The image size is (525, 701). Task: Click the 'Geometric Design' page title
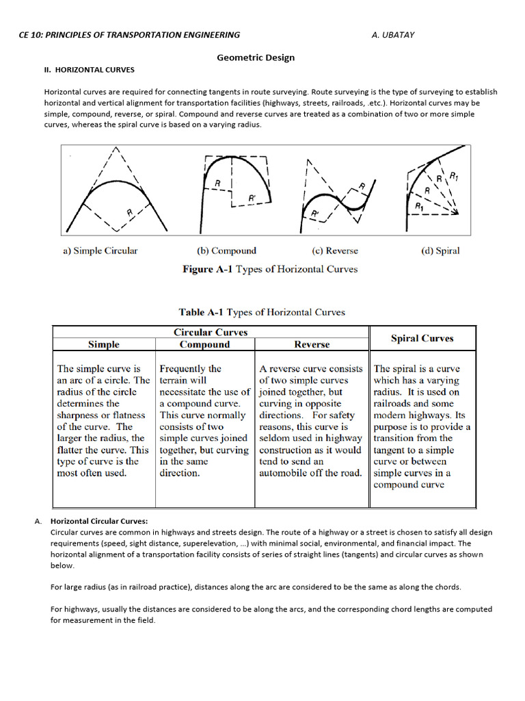(x=256, y=58)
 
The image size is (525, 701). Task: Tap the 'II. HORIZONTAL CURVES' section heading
(x=90, y=70)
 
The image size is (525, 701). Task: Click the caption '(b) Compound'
(x=226, y=251)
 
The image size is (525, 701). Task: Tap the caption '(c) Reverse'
(x=334, y=251)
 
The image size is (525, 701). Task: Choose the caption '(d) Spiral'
(x=440, y=251)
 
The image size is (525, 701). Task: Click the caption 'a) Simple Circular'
(x=100, y=251)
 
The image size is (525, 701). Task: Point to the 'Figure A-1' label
(x=207, y=269)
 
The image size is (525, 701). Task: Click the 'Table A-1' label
(x=201, y=312)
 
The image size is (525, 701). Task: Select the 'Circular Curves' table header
(x=211, y=333)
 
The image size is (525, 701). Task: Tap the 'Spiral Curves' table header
(x=422, y=338)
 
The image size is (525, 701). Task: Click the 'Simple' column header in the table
(x=104, y=344)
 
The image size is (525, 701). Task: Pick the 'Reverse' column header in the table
(x=312, y=344)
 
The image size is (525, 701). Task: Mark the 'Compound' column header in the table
(x=204, y=344)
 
